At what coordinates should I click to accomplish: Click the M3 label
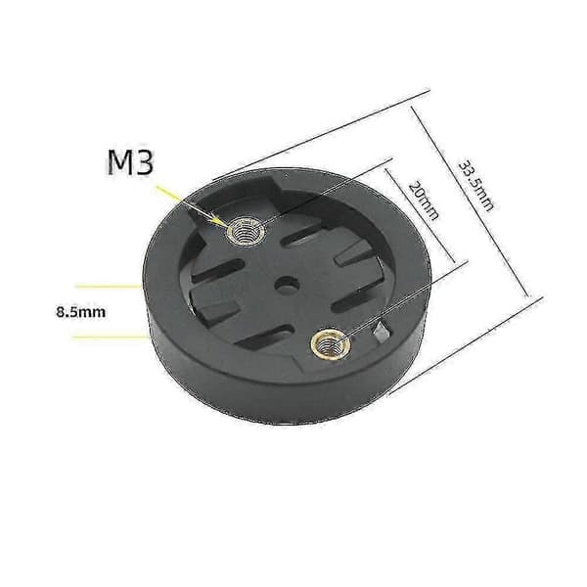pyautogui.click(x=131, y=162)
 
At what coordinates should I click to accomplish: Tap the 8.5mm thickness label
pyautogui.click(x=81, y=311)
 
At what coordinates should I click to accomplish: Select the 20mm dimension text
pyautogui.click(x=423, y=201)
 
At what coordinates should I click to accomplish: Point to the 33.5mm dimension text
pyautogui.click(x=475, y=185)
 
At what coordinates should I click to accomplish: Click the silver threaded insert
pyautogui.click(x=246, y=232)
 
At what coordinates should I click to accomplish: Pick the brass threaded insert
pyautogui.click(x=331, y=344)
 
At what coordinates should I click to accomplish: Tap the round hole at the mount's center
pyautogui.click(x=287, y=285)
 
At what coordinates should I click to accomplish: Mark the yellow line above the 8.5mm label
pyautogui.click(x=108, y=287)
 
